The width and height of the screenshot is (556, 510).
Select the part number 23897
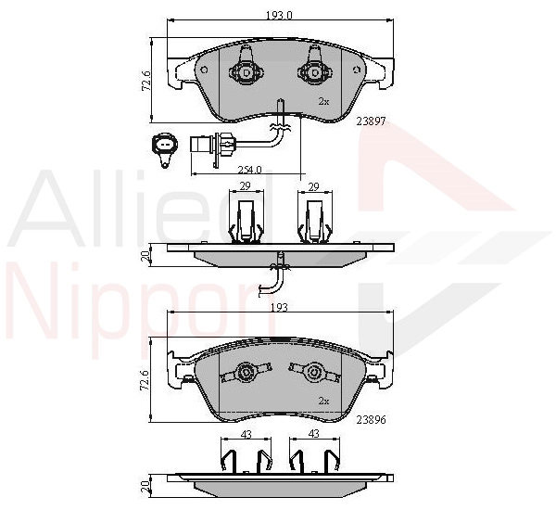(x=371, y=121)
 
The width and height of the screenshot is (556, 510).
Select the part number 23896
(x=371, y=420)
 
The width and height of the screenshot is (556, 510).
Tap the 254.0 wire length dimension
(x=249, y=170)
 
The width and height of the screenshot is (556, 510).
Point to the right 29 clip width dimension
(x=314, y=186)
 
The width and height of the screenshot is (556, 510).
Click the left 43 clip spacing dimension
(x=246, y=434)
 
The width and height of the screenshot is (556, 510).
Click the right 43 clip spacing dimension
(x=314, y=434)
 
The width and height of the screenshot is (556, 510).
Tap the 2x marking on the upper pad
(x=323, y=102)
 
